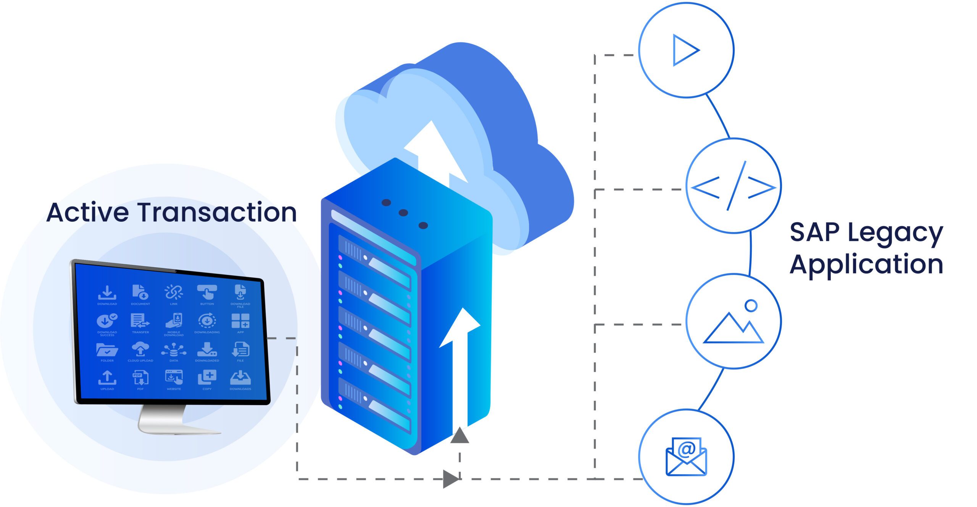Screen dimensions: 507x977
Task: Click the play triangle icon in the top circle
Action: [x=685, y=50]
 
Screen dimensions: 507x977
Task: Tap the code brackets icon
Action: [x=733, y=186]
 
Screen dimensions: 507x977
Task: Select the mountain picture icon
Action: [x=733, y=325]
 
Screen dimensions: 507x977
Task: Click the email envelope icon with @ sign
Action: [x=686, y=457]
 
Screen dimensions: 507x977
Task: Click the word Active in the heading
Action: [x=87, y=212]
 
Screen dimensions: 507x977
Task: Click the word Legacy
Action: [x=895, y=233]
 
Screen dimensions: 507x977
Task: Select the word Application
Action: [x=866, y=264]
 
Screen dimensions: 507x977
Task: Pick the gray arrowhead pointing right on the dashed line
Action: [x=451, y=479]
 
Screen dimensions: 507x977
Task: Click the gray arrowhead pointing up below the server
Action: [x=459, y=436]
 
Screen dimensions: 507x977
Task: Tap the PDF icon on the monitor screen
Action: [x=140, y=378]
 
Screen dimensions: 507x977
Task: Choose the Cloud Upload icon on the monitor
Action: [x=140, y=349]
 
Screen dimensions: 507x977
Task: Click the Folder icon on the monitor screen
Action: [x=107, y=349]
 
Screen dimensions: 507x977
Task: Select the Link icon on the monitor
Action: [x=174, y=292]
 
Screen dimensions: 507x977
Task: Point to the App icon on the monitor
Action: [x=240, y=321]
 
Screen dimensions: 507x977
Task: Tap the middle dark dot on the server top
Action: [x=403, y=213]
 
